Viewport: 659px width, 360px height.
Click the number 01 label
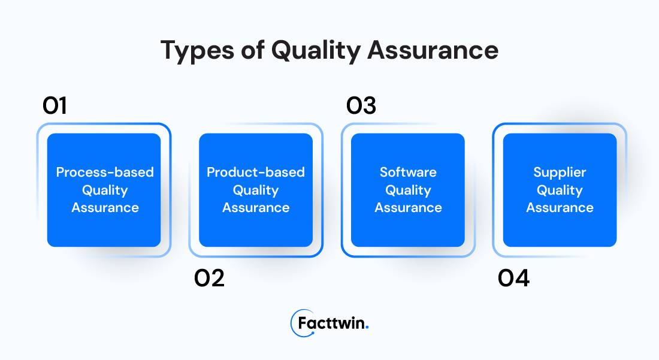pyautogui.click(x=55, y=107)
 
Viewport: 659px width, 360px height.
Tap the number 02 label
pyautogui.click(x=209, y=279)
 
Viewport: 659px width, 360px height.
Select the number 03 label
pyautogui.click(x=361, y=107)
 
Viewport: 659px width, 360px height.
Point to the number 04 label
pyautogui.click(x=514, y=279)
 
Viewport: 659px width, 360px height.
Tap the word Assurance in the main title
pyautogui.click(x=433, y=50)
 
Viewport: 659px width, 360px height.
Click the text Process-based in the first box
pyautogui.click(x=105, y=173)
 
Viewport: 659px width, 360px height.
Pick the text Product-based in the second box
pyautogui.click(x=256, y=173)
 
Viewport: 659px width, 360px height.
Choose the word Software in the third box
pyautogui.click(x=408, y=173)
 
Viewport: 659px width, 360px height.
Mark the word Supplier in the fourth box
pyautogui.click(x=560, y=173)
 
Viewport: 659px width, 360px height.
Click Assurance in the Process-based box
pyautogui.click(x=105, y=208)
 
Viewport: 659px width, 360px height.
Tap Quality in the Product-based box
pyautogui.click(x=256, y=190)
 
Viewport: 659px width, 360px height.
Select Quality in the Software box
pyautogui.click(x=408, y=190)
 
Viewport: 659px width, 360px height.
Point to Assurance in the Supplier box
pyautogui.click(x=560, y=208)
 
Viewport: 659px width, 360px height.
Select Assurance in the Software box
pyautogui.click(x=408, y=208)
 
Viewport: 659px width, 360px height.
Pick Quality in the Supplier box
pyautogui.click(x=560, y=190)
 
